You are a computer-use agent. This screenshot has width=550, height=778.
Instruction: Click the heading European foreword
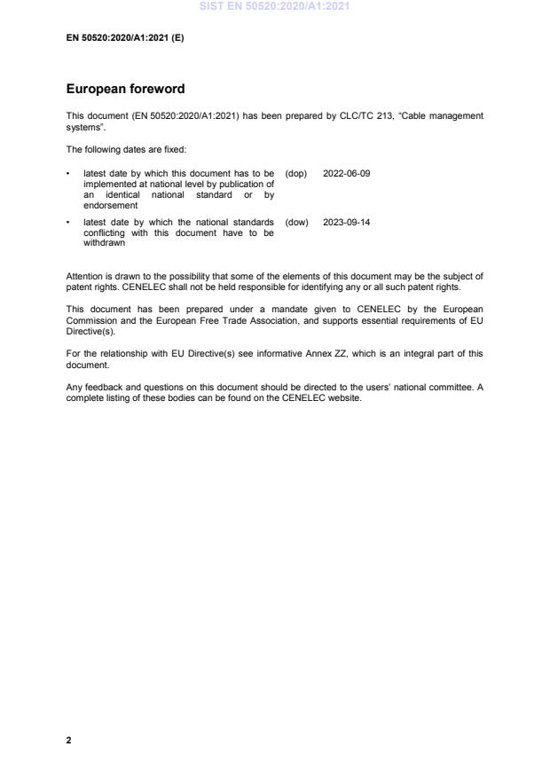125,90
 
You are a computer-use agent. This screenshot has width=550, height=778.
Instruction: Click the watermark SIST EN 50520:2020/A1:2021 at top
275,6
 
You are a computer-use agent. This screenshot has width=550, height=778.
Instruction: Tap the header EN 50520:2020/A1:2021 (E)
125,39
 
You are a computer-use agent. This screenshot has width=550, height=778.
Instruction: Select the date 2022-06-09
347,173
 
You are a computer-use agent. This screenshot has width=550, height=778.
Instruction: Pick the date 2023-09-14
347,222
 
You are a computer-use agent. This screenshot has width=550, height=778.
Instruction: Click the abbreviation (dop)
296,173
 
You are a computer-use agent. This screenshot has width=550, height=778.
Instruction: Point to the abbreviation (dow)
297,222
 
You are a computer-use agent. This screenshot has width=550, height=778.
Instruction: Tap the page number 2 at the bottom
69,739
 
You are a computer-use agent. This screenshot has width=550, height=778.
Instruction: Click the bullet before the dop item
68,173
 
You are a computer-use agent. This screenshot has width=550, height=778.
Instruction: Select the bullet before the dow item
68,222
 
